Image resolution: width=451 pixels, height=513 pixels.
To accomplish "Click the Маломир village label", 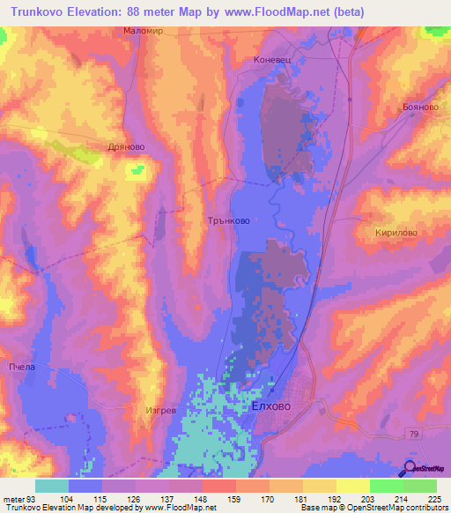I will click(x=144, y=30).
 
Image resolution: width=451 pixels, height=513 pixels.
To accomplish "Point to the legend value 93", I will click(x=30, y=497).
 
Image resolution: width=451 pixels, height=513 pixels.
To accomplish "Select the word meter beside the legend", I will click(x=11, y=497).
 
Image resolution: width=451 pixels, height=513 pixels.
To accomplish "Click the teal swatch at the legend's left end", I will click(x=52, y=486).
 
